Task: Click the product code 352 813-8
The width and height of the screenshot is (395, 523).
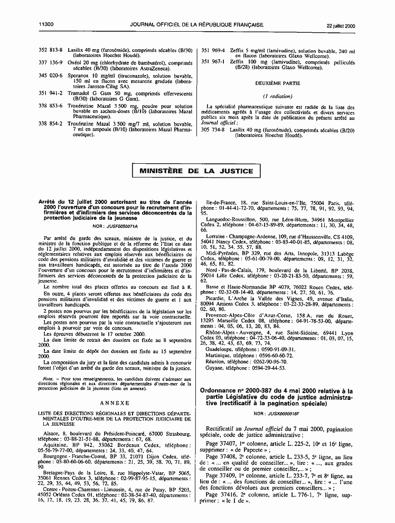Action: pyautogui.click(x=51, y=50)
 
